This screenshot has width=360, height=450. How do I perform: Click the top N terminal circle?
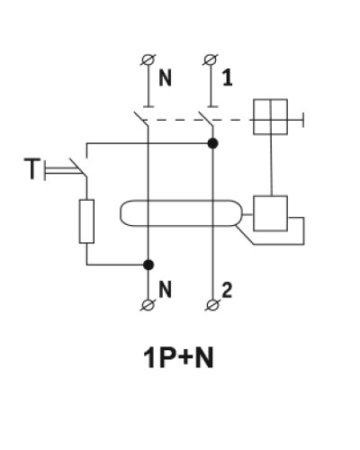148,59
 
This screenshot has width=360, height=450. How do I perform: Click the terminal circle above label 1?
211,59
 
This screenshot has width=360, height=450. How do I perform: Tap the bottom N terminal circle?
148,305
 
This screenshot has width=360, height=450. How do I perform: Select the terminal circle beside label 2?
212,305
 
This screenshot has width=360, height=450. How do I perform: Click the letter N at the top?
165,78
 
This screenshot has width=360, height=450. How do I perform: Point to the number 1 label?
228,78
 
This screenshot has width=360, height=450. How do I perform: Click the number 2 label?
227,291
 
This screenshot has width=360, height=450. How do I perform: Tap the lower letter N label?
165,290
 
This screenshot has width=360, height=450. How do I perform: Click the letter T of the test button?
31,169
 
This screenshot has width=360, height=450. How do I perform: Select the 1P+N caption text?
179,357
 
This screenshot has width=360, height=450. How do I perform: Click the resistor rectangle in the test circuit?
86,221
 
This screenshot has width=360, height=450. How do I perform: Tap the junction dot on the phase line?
212,143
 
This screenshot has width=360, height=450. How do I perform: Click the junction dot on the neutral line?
148,265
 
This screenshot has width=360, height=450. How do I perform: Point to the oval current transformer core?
181,200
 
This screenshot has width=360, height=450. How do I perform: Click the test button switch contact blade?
78,167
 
